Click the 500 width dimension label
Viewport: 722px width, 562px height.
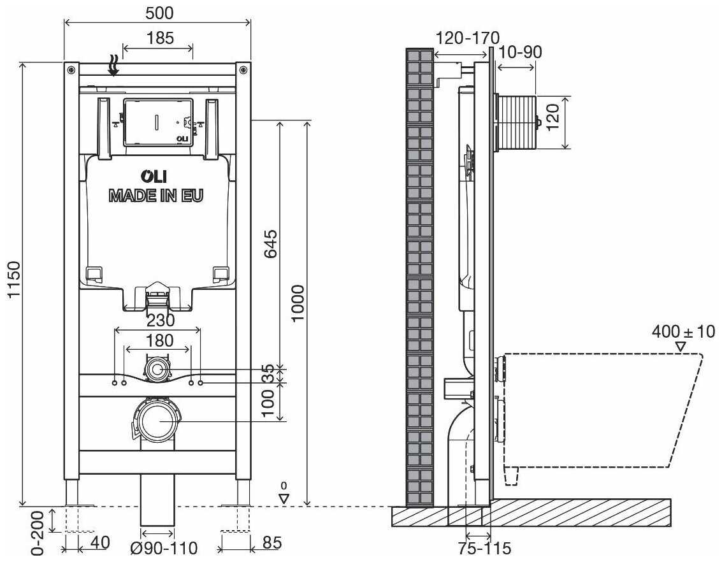(x=159, y=13)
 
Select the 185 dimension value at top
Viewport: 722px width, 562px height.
(x=160, y=38)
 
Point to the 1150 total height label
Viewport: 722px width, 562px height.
(x=14, y=279)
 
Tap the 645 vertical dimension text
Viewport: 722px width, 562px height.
(x=270, y=243)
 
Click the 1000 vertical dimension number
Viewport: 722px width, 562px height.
(x=298, y=303)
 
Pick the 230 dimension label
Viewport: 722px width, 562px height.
(x=160, y=320)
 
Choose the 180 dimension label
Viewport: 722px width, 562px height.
(x=159, y=341)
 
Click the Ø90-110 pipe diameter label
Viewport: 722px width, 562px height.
(x=164, y=548)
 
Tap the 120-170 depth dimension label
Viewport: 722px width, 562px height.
(x=467, y=38)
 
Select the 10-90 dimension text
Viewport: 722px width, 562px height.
(x=521, y=52)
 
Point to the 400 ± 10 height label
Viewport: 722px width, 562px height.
(x=683, y=331)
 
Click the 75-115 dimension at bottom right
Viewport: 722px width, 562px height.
(x=484, y=548)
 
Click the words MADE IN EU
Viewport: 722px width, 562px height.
(x=155, y=196)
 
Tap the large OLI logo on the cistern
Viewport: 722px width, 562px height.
(x=154, y=177)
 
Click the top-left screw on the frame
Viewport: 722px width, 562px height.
(x=71, y=69)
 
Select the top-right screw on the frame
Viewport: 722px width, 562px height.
(x=243, y=69)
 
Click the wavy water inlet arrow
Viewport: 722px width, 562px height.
(x=113, y=65)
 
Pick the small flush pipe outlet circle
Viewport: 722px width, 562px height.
(x=157, y=369)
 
